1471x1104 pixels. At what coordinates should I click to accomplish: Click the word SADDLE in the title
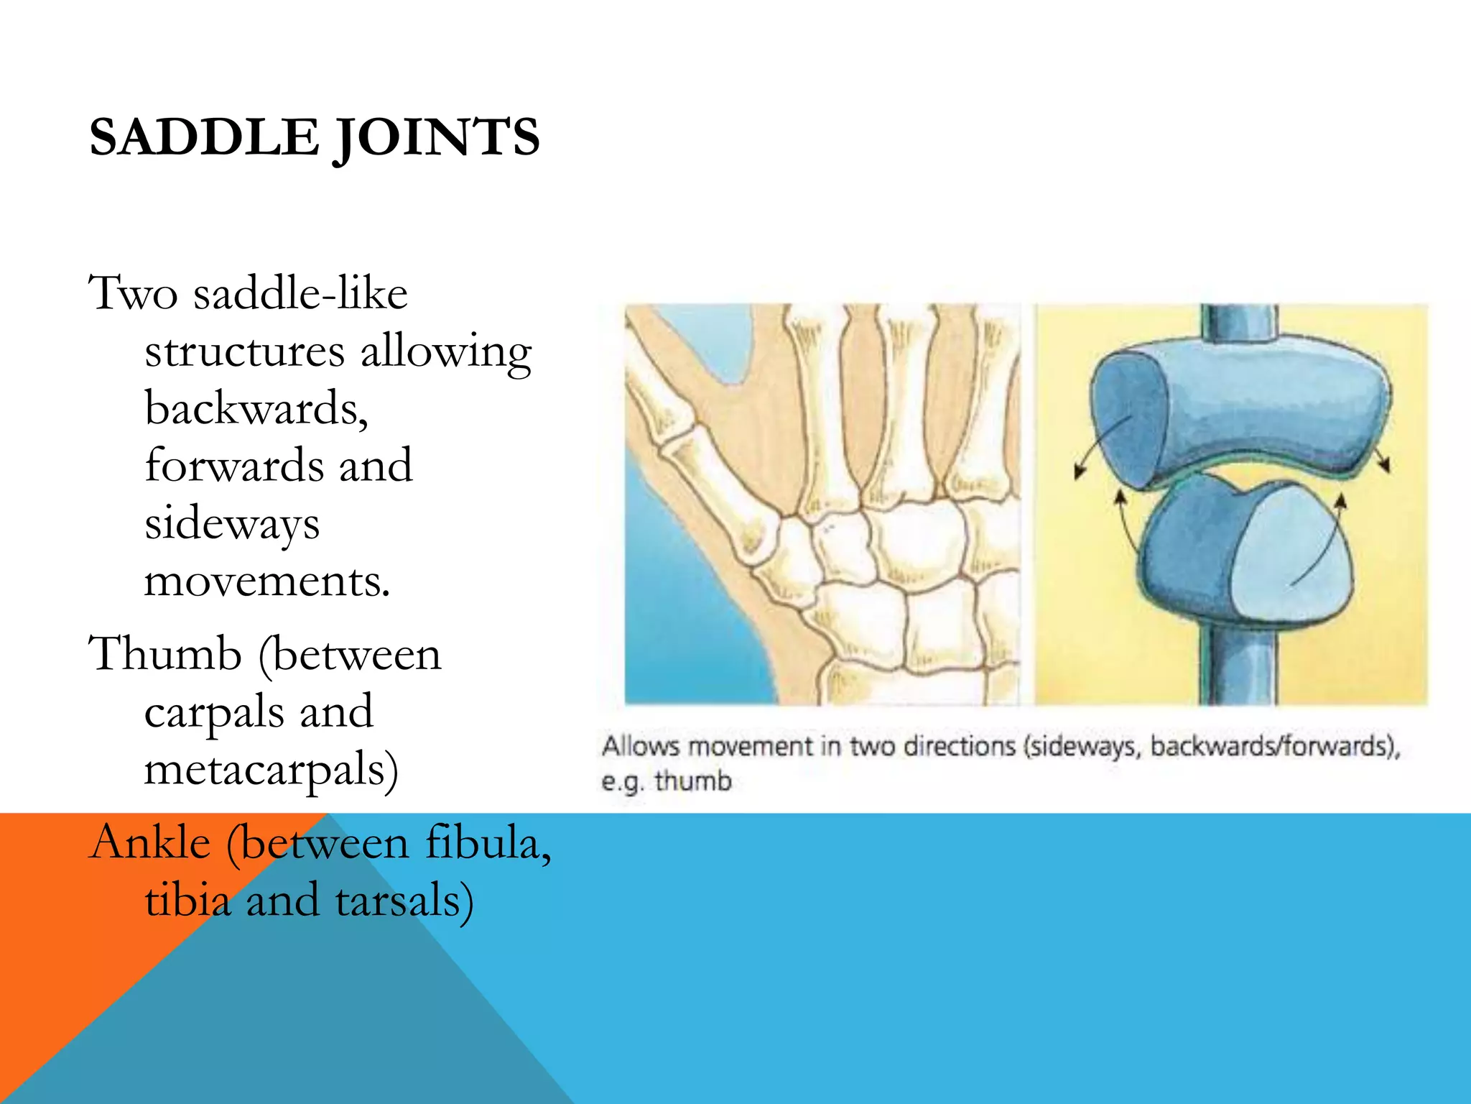click(x=203, y=137)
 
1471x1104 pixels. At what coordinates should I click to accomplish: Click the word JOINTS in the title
click(x=437, y=139)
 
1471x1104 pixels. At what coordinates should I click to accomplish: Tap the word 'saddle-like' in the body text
click(x=300, y=294)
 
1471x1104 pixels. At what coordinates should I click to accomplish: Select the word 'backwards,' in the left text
click(x=256, y=409)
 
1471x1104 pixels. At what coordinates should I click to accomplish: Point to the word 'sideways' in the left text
click(x=232, y=524)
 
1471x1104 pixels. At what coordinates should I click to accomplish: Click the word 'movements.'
click(x=266, y=581)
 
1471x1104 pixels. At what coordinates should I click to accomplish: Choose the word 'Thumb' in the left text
click(x=164, y=655)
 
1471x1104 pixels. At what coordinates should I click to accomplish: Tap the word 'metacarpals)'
click(x=271, y=770)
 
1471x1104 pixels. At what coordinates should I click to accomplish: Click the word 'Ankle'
click(x=149, y=842)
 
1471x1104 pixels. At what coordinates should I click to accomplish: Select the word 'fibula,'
click(x=488, y=842)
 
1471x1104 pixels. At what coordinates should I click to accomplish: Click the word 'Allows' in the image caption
click(x=640, y=746)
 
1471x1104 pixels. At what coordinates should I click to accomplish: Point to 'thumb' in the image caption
click(x=693, y=781)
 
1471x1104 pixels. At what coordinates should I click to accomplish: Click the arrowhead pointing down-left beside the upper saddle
click(x=1080, y=471)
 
